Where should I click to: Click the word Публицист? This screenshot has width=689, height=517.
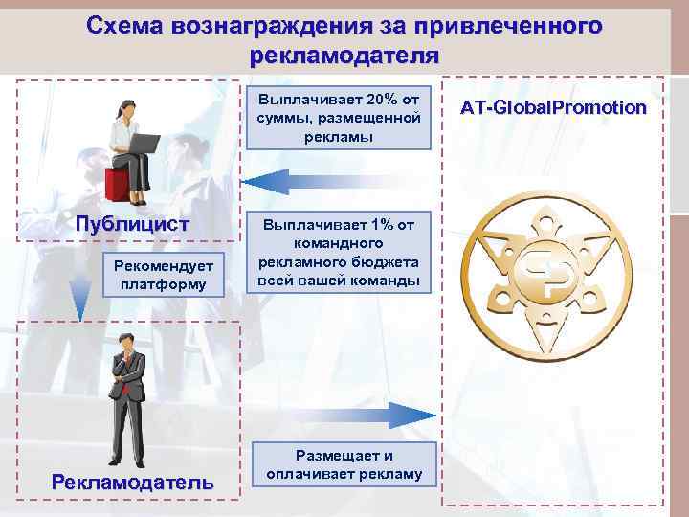tap(133, 224)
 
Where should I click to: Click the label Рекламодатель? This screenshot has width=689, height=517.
tap(132, 482)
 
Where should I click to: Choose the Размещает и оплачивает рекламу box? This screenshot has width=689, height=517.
tap(344, 465)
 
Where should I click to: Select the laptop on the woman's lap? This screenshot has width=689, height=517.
tap(144, 145)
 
